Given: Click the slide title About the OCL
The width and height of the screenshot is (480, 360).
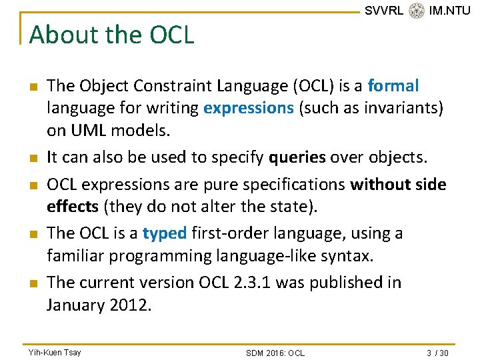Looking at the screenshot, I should point(112,35).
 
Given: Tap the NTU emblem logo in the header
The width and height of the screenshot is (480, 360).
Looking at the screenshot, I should point(417,11).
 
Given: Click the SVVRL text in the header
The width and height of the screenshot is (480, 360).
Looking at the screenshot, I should point(384,11).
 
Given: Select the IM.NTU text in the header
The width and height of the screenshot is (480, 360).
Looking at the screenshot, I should point(449,11).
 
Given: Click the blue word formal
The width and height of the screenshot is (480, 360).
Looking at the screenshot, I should point(393,86).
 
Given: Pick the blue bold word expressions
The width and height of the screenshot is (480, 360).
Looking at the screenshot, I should point(249,109).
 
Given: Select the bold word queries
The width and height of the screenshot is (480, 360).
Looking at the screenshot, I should point(297,157).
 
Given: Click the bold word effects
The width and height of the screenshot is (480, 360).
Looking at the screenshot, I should point(73,207).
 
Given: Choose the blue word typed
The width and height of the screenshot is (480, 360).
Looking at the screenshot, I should point(165,233).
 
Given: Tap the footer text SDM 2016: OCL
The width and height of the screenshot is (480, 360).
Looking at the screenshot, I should point(275,353).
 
